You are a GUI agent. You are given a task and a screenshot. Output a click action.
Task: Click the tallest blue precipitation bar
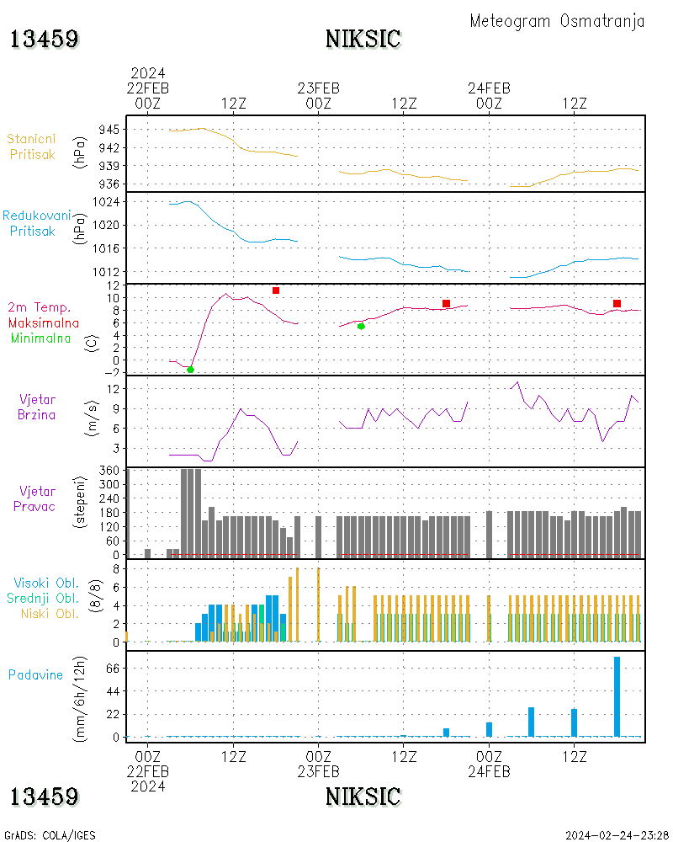pyautogui.click(x=617, y=696)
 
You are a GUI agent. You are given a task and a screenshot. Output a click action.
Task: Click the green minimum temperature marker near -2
pyautogui.click(x=190, y=370)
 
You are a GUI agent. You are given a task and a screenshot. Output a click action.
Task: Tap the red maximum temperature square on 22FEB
pyautogui.click(x=276, y=290)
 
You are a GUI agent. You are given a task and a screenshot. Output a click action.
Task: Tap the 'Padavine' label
pyautogui.click(x=35, y=674)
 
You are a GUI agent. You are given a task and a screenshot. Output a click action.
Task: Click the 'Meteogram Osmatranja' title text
pyautogui.click(x=557, y=22)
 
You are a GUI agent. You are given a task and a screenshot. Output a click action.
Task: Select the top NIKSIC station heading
pyautogui.click(x=363, y=39)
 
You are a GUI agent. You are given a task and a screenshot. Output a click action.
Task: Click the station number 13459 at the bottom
pyautogui.click(x=45, y=796)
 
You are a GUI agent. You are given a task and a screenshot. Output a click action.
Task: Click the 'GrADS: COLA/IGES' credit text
pyautogui.click(x=50, y=835)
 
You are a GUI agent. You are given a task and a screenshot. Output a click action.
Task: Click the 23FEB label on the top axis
pyautogui.click(x=319, y=88)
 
